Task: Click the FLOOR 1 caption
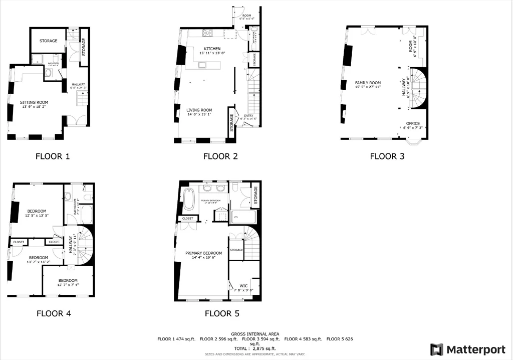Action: pyautogui.click(x=52, y=156)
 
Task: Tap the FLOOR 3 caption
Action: pyautogui.click(x=387, y=156)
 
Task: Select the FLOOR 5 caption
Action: pyautogui.click(x=222, y=314)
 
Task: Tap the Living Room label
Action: pyautogui.click(x=199, y=110)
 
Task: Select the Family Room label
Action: pyautogui.click(x=368, y=83)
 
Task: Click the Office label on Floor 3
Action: pyautogui.click(x=413, y=123)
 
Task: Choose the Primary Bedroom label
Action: pyautogui.click(x=203, y=253)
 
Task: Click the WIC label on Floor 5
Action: pyautogui.click(x=243, y=286)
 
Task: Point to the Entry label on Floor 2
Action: pyautogui.click(x=248, y=116)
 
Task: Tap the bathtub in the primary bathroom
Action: pyautogui.click(x=189, y=199)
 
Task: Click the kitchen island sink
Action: pyautogui.click(x=202, y=65)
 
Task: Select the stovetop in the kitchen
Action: pyautogui.click(x=208, y=34)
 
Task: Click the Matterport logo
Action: pyautogui.click(x=468, y=349)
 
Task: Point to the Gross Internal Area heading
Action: pyautogui.click(x=255, y=333)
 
